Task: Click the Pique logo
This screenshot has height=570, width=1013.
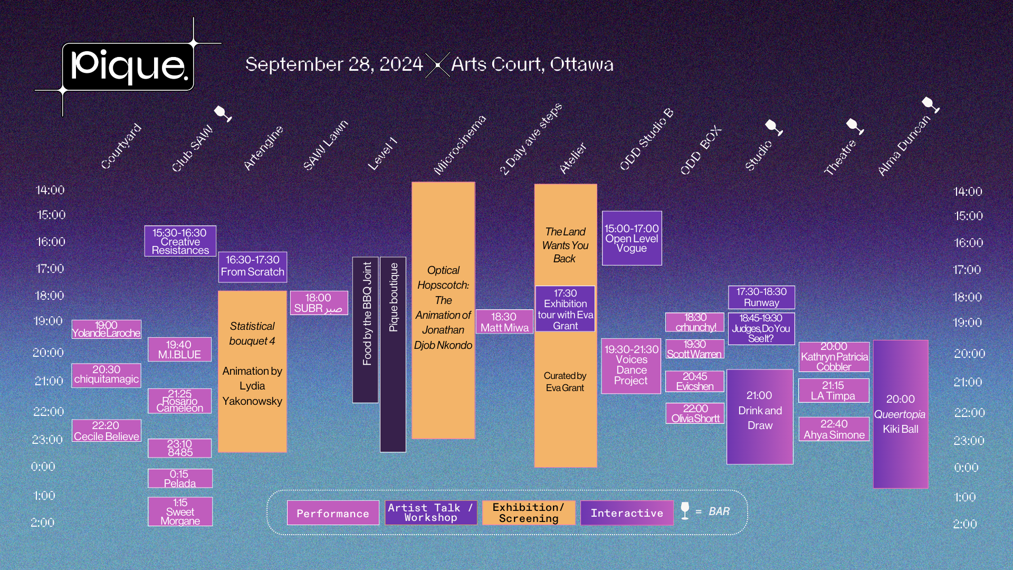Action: [128, 66]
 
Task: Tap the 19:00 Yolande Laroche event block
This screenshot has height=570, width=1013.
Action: [107, 329]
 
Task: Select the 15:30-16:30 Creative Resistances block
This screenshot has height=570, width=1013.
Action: [180, 241]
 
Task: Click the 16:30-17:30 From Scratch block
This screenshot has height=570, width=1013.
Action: [252, 267]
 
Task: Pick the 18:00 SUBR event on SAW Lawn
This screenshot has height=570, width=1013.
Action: [319, 303]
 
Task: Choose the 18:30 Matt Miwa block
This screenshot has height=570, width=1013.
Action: [504, 322]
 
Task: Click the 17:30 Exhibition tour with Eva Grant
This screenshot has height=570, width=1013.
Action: [565, 309]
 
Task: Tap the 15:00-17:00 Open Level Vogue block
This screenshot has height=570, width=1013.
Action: [632, 238]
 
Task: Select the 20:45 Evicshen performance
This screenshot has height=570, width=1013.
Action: [694, 381]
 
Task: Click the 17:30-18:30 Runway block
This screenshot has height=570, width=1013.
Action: [761, 297]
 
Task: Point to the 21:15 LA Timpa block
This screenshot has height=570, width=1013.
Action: [833, 391]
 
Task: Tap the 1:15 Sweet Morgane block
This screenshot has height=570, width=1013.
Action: [180, 511]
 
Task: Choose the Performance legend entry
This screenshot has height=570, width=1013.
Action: [333, 513]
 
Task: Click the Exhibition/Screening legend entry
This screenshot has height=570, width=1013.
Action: [529, 513]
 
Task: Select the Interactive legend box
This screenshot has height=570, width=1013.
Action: [627, 513]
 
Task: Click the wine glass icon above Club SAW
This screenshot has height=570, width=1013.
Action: [223, 113]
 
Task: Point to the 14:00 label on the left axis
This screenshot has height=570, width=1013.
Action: [50, 190]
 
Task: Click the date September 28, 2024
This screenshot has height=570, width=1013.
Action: [334, 64]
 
